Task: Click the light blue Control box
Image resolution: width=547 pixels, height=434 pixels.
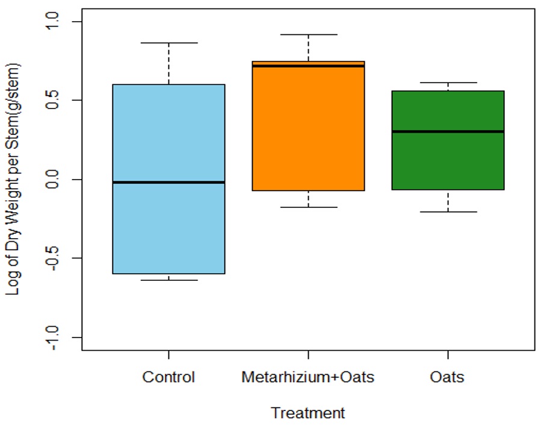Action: point(168,229)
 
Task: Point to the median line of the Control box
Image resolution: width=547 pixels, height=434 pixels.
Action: point(168,182)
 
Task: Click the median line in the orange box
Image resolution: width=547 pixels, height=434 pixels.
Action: point(308,66)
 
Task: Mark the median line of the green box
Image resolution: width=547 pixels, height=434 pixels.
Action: point(448,131)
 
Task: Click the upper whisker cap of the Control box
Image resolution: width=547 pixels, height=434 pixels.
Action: point(168,43)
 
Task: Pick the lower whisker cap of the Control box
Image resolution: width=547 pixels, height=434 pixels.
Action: point(168,280)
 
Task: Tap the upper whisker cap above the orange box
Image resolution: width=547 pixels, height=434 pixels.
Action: point(308,35)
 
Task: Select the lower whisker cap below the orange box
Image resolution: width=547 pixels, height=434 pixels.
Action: point(308,207)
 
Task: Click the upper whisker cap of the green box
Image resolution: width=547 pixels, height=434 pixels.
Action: point(448,83)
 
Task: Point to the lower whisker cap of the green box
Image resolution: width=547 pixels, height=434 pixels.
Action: point(448,212)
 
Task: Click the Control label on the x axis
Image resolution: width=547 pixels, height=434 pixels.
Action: point(168,378)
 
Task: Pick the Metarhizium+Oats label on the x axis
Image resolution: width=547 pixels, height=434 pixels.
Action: point(308,378)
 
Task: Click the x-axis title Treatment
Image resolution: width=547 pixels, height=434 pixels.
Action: point(308,414)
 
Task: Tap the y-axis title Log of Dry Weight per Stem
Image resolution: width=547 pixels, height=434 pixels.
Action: point(13,179)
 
